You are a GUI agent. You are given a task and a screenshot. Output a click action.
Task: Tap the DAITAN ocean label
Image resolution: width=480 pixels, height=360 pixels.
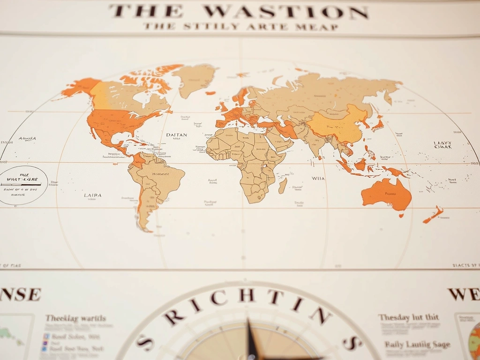[x=176, y=135]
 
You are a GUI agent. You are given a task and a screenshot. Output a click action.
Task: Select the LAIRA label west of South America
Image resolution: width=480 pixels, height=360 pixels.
[x=92, y=195]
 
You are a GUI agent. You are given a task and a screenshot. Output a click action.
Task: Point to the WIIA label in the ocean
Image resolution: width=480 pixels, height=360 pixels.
[x=318, y=178]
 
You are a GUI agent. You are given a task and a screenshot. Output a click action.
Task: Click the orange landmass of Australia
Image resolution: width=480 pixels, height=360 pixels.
[x=387, y=194]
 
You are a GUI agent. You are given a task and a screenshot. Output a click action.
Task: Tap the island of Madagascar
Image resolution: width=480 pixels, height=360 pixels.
[x=283, y=186]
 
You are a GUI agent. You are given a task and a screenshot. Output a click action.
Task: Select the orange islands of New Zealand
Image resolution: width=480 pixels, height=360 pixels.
[x=434, y=214]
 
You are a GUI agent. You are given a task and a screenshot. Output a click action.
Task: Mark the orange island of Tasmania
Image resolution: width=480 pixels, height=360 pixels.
[x=401, y=216]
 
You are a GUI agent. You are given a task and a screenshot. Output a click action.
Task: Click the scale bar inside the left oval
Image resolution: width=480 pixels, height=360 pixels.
[x=21, y=185]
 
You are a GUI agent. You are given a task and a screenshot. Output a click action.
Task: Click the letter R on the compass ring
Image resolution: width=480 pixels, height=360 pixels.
[x=174, y=317]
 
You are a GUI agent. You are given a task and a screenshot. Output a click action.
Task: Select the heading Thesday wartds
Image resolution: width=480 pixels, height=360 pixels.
[x=75, y=318]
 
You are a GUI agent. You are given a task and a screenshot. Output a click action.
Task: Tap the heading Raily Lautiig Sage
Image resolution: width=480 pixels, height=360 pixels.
[x=417, y=345]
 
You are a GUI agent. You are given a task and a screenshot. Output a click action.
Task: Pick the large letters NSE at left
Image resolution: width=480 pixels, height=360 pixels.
[x=21, y=294]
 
